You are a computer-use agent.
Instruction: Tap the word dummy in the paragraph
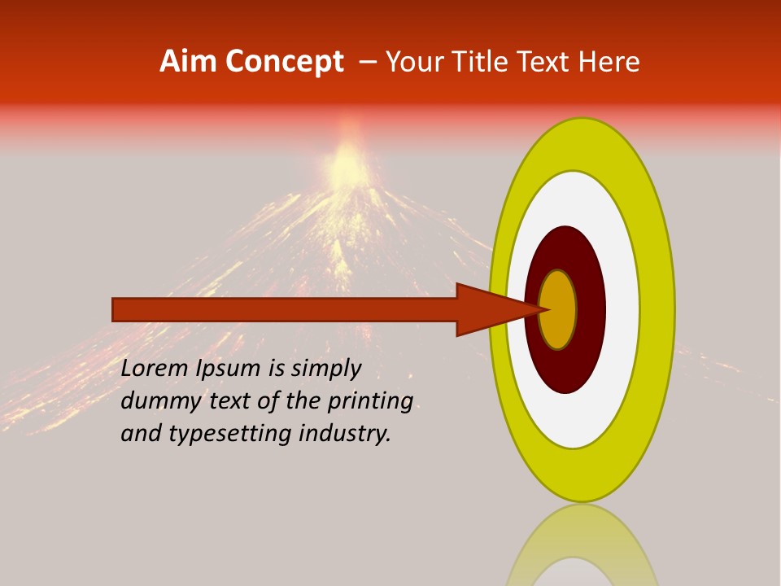pos(151,401)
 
